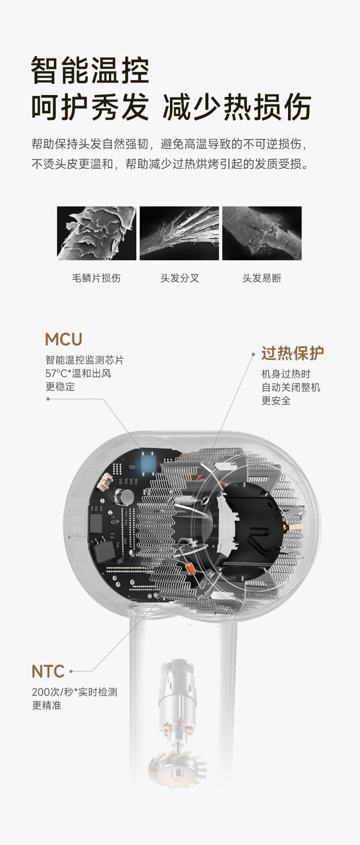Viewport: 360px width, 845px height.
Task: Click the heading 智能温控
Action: tap(90, 71)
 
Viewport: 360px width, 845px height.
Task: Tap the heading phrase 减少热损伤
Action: tap(237, 107)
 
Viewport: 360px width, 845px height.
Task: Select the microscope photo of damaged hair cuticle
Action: tap(96, 233)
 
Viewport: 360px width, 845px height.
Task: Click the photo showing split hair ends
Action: tap(179, 233)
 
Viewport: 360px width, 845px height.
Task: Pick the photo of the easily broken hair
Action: tap(262, 233)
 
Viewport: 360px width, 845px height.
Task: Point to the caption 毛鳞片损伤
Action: tap(96, 278)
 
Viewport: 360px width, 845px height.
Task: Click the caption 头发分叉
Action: tap(180, 278)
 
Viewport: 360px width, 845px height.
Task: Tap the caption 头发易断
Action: tap(262, 278)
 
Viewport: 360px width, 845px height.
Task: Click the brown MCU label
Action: tap(63, 339)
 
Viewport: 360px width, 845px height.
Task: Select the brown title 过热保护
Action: tap(292, 353)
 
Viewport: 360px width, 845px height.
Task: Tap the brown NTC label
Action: tap(48, 672)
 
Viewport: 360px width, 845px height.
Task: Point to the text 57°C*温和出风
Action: tap(78, 374)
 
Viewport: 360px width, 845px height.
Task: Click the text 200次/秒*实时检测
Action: tap(74, 692)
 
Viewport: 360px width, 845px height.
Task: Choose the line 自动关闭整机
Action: tap(290, 387)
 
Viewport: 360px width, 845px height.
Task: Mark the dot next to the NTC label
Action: tap(71, 672)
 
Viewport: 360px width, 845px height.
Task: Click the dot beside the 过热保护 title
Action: tap(253, 354)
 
